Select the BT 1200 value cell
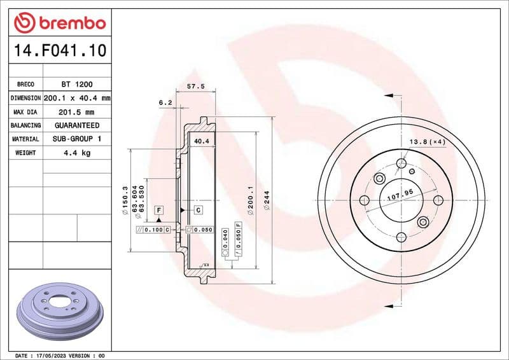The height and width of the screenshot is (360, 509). click(x=75, y=84)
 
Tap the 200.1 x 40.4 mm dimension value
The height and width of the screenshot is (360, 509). click(x=76, y=98)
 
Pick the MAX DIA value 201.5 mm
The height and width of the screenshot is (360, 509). click(x=76, y=112)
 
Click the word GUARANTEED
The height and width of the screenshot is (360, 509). click(x=76, y=125)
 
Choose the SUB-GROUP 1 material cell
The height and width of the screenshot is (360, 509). click(x=76, y=139)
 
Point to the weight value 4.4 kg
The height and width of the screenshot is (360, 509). click(x=76, y=153)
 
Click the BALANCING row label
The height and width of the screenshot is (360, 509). click(x=25, y=125)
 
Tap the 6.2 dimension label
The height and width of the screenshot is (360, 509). click(x=165, y=102)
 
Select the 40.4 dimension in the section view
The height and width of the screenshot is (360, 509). click(x=201, y=141)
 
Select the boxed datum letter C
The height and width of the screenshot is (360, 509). click(x=198, y=210)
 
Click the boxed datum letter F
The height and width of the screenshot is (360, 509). click(x=158, y=210)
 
